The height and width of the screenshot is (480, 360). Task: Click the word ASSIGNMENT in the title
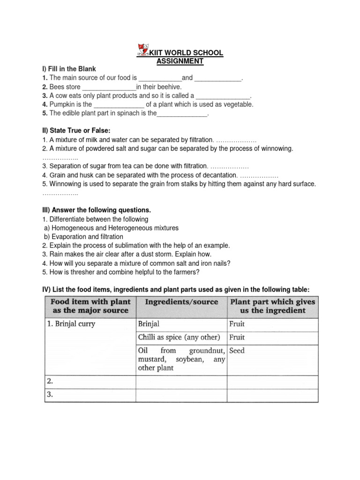click(180, 61)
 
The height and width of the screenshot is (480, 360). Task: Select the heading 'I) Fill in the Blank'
click(69, 69)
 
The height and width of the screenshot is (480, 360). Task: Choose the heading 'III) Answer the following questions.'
click(97, 210)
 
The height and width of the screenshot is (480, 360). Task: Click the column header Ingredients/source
click(181, 302)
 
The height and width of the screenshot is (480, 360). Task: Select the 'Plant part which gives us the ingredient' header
click(272, 306)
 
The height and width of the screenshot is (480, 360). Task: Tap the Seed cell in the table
click(237, 351)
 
